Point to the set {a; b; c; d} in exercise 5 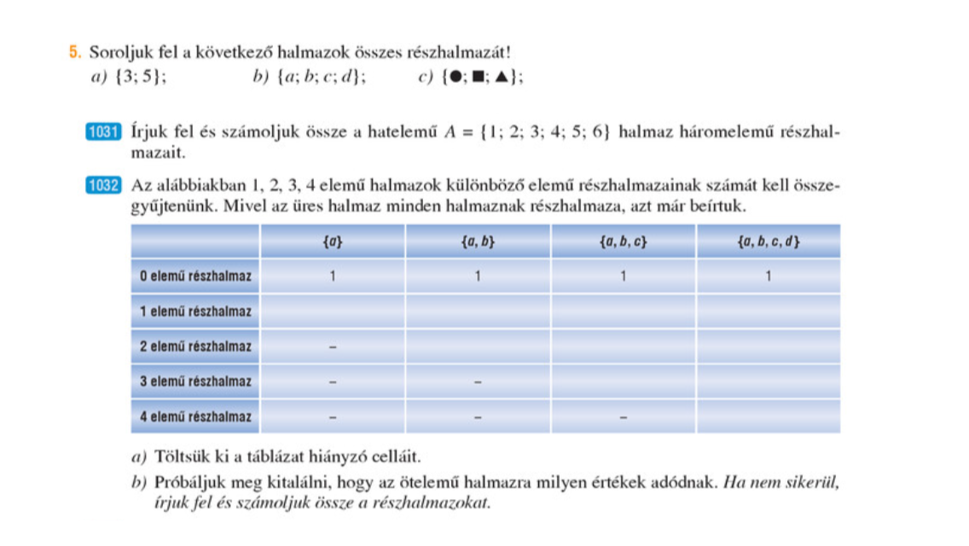click(322, 78)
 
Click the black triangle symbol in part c click(502, 78)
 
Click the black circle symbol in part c click(457, 78)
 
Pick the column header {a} click(333, 241)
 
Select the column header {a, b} click(478, 241)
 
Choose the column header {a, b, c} click(624, 241)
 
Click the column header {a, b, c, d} click(768, 241)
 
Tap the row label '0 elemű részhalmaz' click(195, 276)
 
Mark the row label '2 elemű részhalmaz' click(195, 346)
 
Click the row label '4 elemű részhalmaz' click(195, 417)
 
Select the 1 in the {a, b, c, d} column click(768, 276)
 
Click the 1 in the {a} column click(333, 276)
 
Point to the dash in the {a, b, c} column click(624, 418)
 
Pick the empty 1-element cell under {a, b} click(478, 311)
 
